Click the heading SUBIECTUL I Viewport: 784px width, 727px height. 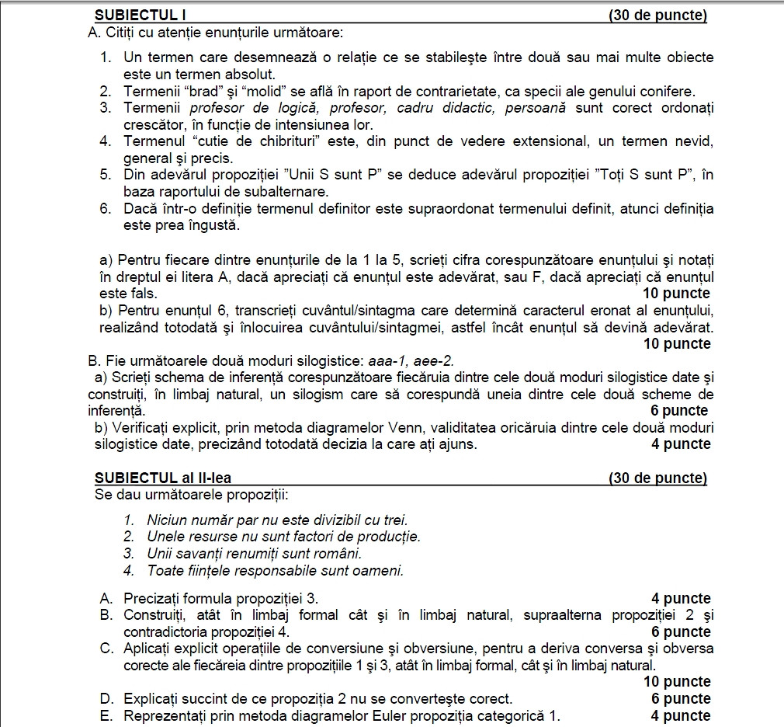[140, 16]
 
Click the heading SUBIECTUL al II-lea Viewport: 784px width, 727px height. [163, 478]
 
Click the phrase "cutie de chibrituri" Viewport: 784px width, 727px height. [249, 141]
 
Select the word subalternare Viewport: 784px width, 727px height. [288, 192]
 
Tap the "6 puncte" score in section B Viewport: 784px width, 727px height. [680, 411]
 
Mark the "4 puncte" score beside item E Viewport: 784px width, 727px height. [680, 715]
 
